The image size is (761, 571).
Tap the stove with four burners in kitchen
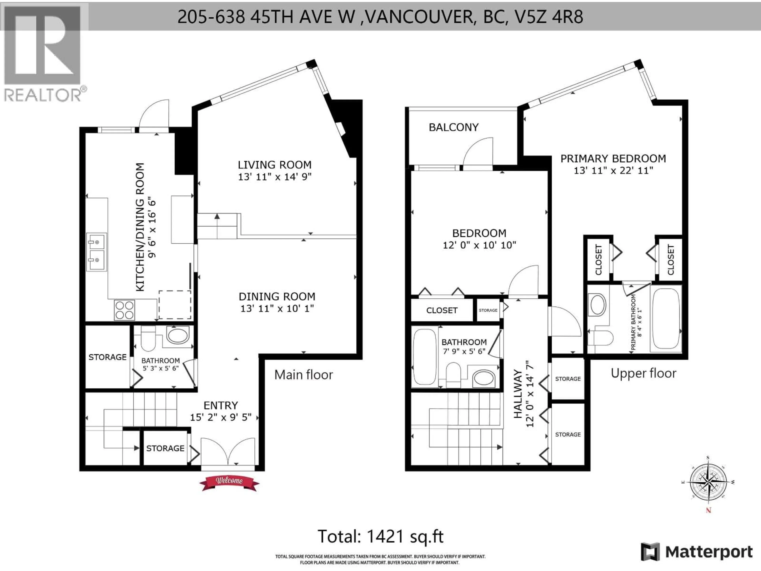(x=124, y=310)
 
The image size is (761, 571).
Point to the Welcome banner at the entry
(x=229, y=481)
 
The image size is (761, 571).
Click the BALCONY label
(x=453, y=127)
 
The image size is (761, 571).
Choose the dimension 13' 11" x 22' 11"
(x=613, y=170)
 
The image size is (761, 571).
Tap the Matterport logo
(x=696, y=552)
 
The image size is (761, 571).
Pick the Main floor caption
(x=303, y=375)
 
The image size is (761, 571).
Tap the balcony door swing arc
(x=478, y=151)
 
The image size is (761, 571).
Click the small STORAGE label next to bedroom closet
(x=488, y=310)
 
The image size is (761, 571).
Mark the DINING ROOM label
(x=277, y=296)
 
